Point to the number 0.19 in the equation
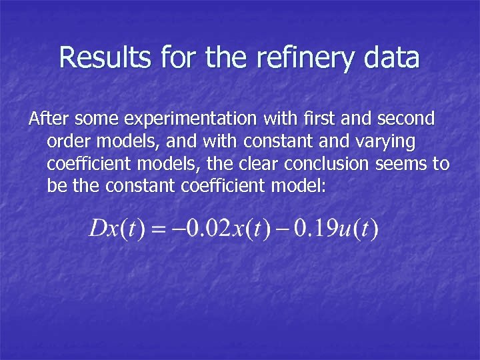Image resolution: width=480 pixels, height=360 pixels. [311, 231]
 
